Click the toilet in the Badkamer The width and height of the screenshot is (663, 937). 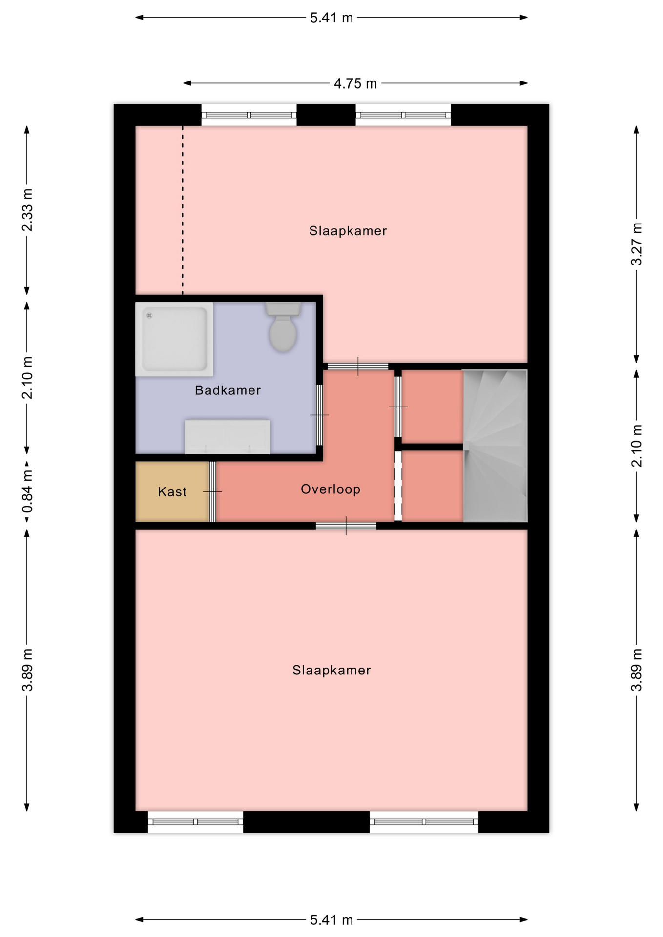pyautogui.click(x=283, y=326)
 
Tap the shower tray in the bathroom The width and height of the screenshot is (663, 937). pyautogui.click(x=174, y=339)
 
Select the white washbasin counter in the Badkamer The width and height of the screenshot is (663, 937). pyautogui.click(x=228, y=437)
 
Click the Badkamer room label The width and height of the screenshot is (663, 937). pyautogui.click(x=228, y=390)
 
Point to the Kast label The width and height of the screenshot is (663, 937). pyautogui.click(x=172, y=491)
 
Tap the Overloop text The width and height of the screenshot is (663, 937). pyautogui.click(x=331, y=489)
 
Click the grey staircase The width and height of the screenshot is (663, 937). pyautogui.click(x=495, y=446)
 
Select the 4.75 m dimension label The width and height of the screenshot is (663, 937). pyautogui.click(x=355, y=84)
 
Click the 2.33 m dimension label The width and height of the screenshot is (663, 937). pyautogui.click(x=27, y=210)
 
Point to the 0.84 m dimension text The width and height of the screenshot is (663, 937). pyautogui.click(x=27, y=492)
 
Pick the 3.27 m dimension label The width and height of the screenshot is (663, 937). pyautogui.click(x=636, y=244)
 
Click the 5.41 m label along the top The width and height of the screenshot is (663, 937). pyautogui.click(x=331, y=18)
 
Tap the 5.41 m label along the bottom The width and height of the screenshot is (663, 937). pyautogui.click(x=331, y=920)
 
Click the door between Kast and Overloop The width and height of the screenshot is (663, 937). pyautogui.click(x=213, y=491)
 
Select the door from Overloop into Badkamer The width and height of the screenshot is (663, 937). pyautogui.click(x=319, y=415)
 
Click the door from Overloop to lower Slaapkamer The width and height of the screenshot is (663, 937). pyautogui.click(x=346, y=526)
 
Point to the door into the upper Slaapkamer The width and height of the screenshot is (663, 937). pyautogui.click(x=358, y=367)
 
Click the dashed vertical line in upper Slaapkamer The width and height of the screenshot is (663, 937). pyautogui.click(x=183, y=210)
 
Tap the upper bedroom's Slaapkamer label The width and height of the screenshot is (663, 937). pyautogui.click(x=348, y=231)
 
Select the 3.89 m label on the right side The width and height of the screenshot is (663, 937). pyautogui.click(x=636, y=670)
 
